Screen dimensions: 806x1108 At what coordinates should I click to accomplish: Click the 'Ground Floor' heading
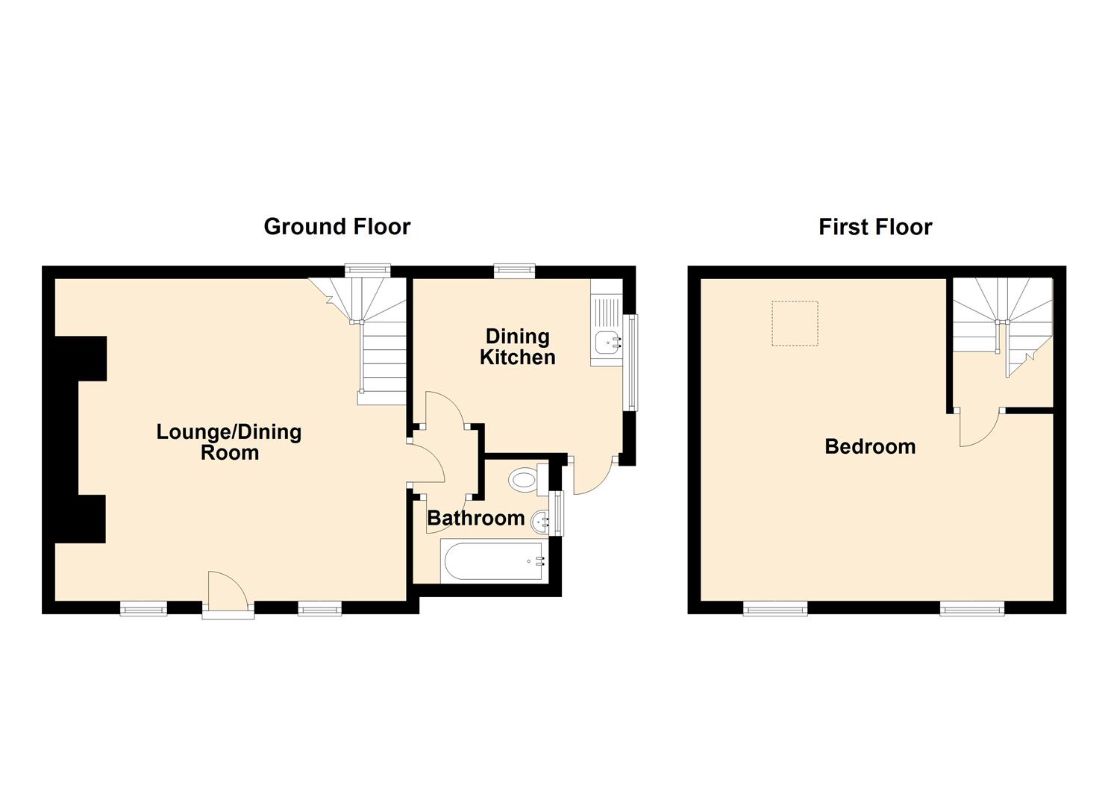[x=337, y=226]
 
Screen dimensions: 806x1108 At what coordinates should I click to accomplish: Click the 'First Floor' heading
[x=874, y=226]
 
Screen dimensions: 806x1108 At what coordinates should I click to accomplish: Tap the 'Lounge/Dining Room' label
[x=229, y=442]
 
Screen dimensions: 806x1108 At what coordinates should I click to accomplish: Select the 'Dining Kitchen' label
[x=517, y=346]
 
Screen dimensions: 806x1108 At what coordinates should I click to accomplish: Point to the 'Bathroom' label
[x=475, y=518]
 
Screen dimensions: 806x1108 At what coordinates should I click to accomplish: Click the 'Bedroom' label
[x=870, y=446]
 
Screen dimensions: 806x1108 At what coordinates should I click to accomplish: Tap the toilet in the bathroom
[x=526, y=478]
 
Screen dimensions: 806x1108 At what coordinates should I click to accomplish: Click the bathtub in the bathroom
[x=493, y=560]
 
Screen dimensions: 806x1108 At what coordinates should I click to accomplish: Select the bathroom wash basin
[x=540, y=520]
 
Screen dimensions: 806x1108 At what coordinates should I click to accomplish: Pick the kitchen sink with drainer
[x=607, y=333]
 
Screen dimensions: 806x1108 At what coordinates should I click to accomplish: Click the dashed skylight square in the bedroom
[x=795, y=323]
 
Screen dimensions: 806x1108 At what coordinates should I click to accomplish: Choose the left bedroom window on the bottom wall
[x=775, y=608]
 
